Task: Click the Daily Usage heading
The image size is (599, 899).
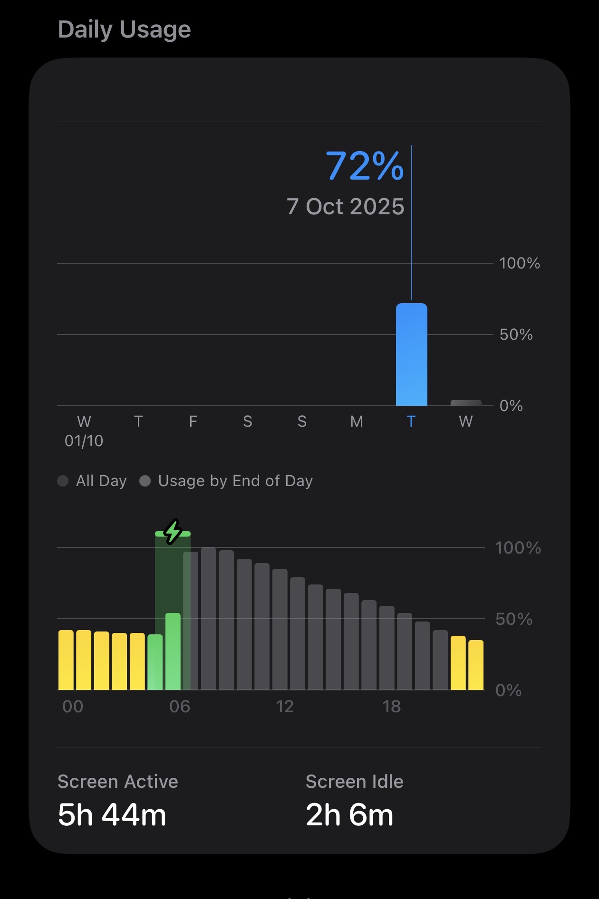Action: pos(124,29)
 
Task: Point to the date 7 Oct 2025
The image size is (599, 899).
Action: pos(345,207)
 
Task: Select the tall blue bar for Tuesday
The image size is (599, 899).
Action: pos(411,354)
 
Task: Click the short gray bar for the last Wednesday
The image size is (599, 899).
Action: pos(466,403)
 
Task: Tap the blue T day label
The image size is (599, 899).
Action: pos(411,421)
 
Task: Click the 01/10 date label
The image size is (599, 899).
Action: pos(84,441)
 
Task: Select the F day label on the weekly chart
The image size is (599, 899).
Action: pos(193,421)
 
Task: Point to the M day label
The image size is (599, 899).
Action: pos(357,421)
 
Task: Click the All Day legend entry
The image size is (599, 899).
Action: pos(92,481)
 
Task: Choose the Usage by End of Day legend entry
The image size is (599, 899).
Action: pos(226,481)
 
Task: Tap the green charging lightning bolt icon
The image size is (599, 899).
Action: pos(173,532)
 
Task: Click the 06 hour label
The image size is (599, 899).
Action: pos(180,707)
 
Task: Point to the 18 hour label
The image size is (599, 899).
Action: pos(392,707)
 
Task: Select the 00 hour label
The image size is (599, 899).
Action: pos(73,707)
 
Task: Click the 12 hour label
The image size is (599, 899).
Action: pos(285,707)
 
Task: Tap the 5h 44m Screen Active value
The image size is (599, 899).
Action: pos(112,815)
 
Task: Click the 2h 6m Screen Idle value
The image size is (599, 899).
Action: pos(349,815)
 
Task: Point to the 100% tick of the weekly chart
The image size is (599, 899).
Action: pos(519,263)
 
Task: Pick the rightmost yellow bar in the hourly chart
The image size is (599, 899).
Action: pos(476,665)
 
